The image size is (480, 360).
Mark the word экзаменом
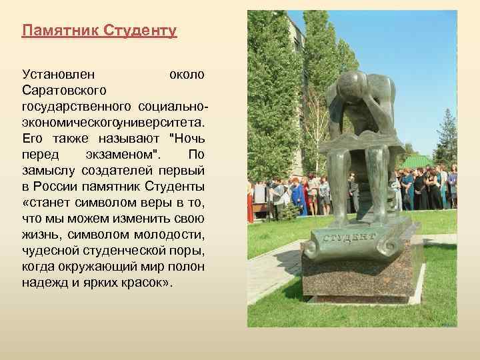coord(123,155)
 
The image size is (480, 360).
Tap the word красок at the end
coord(144,281)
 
